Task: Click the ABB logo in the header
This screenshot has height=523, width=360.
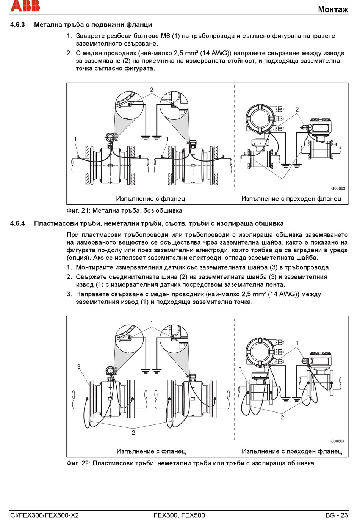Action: [x=25, y=6]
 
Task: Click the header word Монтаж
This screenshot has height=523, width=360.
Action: [x=333, y=9]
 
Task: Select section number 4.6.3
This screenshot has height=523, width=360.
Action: [x=17, y=25]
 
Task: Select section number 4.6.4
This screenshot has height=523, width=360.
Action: [x=17, y=223]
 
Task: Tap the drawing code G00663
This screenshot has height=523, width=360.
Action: [x=338, y=188]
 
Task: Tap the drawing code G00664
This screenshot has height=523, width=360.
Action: [x=337, y=441]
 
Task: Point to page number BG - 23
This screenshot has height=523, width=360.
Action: [x=337, y=515]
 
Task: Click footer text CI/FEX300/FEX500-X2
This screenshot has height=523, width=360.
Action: [x=45, y=515]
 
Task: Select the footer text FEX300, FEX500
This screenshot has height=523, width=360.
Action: [x=179, y=515]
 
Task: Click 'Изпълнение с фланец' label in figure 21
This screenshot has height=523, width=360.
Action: [x=150, y=199]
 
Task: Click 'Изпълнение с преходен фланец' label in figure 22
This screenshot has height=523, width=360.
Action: [x=291, y=451]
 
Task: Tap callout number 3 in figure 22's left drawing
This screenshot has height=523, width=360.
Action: [x=79, y=367]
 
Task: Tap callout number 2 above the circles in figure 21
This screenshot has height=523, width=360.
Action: [x=152, y=90]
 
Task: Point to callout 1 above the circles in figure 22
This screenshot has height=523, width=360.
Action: [x=152, y=324]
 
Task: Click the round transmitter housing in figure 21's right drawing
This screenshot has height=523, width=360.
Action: [x=260, y=118]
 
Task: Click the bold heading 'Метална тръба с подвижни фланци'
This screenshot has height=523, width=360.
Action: [x=93, y=25]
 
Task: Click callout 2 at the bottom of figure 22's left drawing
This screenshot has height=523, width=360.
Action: [x=133, y=432]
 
